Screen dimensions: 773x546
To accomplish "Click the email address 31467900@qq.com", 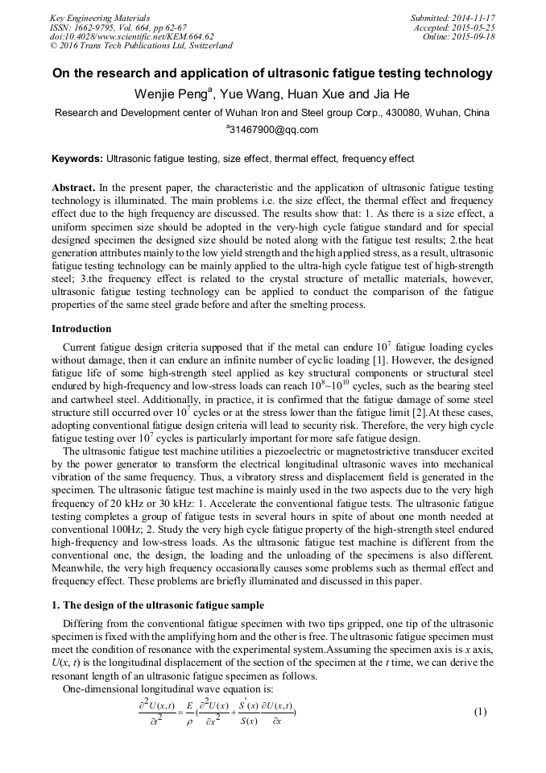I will (274, 130).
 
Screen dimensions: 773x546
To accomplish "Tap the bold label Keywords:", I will (77, 159).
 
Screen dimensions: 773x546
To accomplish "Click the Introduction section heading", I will (81, 329).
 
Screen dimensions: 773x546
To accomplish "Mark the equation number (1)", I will (481, 713).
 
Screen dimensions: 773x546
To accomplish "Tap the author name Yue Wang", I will (243, 94).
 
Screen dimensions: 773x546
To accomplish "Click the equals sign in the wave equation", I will (178, 712).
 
